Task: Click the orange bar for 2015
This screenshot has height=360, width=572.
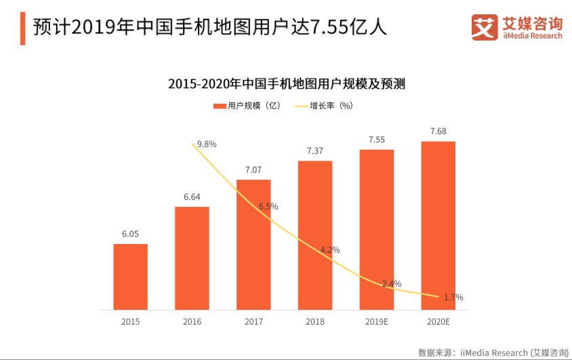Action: pos(130,277)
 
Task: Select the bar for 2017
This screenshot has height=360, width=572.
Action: pos(253,244)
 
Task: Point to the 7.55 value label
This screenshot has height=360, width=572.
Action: pos(377,140)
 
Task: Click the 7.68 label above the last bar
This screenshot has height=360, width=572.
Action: pos(438,131)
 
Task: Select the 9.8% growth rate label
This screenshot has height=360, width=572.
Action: pos(207,144)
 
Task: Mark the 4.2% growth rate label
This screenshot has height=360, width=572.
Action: pos(330,249)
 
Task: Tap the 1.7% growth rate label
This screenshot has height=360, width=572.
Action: pos(453,297)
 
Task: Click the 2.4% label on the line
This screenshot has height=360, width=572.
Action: pos(392,283)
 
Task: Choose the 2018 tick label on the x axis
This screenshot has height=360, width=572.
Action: pos(315,321)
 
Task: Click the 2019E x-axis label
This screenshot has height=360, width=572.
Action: pos(377,321)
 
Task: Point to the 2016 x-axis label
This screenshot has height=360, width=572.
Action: pos(192,321)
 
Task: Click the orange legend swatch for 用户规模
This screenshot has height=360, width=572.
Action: pos(220,106)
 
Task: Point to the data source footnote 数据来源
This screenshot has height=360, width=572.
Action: pos(493,352)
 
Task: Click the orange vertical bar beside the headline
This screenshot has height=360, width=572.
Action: pos(23,28)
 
